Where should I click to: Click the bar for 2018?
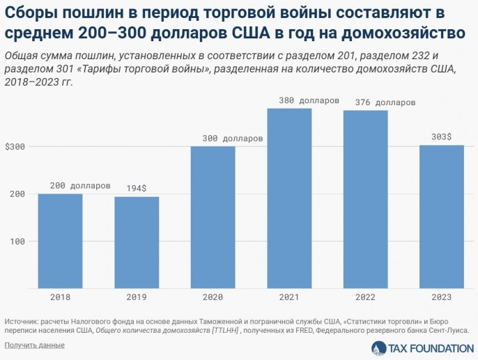(x=60, y=240)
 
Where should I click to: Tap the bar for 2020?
(x=213, y=217)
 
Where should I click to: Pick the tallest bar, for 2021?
(x=289, y=198)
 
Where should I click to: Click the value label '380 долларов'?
(x=309, y=100)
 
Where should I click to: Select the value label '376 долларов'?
(x=385, y=102)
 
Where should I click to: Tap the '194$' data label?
(x=137, y=188)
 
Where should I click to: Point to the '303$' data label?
(x=442, y=137)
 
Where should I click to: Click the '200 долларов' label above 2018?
(x=80, y=186)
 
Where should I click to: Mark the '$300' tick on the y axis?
(x=15, y=147)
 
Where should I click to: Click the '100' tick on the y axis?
(x=17, y=242)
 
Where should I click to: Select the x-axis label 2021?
(x=289, y=297)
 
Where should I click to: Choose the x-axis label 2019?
(x=137, y=297)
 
